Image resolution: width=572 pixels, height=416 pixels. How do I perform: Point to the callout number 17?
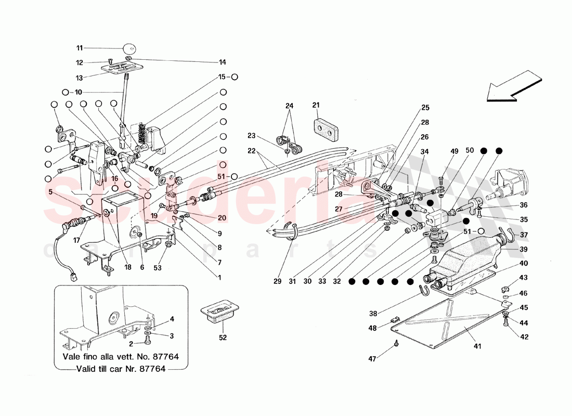pos(77,240)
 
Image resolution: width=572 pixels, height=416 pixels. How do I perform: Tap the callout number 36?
pos(523,205)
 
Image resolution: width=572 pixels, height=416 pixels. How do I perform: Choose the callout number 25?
pos(425,108)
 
